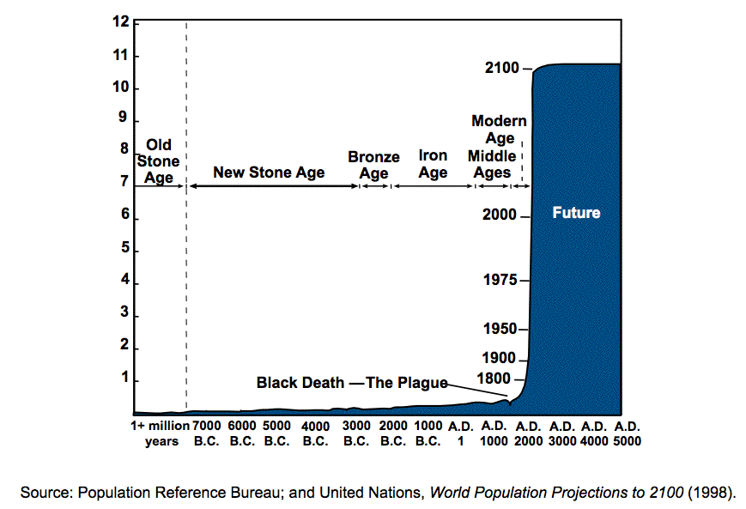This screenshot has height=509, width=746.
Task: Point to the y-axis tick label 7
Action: (x=124, y=182)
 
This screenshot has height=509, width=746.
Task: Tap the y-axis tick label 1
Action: (x=124, y=378)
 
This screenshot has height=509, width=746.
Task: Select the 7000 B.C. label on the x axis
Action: (x=206, y=433)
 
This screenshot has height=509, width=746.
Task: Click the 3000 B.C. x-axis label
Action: (x=356, y=433)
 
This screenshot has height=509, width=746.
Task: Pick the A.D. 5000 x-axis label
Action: (x=627, y=433)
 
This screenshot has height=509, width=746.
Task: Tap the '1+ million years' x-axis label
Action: (x=161, y=433)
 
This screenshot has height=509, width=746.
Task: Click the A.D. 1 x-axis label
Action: (x=460, y=433)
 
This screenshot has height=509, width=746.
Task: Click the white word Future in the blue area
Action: (x=576, y=212)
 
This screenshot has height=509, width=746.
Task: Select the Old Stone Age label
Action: (x=159, y=161)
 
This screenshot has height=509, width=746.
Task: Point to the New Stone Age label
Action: (x=269, y=173)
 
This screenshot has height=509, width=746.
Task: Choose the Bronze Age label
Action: (x=373, y=165)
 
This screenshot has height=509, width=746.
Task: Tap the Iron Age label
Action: (x=433, y=164)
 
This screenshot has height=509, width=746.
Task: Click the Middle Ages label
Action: (x=492, y=164)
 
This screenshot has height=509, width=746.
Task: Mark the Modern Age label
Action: (x=499, y=130)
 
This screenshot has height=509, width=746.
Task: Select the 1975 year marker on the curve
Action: (x=501, y=280)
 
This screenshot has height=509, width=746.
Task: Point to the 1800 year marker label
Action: (x=495, y=379)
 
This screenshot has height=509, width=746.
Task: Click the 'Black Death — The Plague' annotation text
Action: (x=352, y=383)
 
